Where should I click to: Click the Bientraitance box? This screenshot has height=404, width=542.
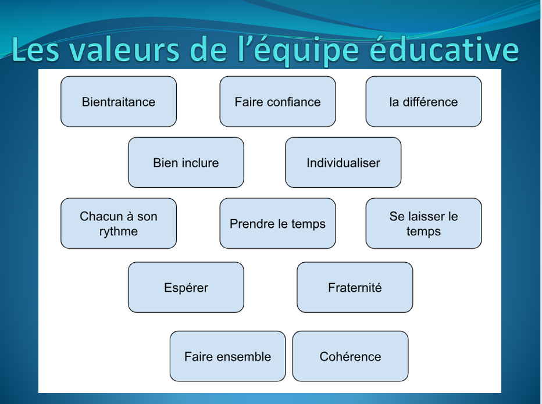point(119,102)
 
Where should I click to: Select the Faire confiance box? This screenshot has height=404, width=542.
point(277,102)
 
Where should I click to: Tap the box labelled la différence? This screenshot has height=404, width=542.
point(423,102)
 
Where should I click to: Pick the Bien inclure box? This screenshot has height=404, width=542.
point(186,162)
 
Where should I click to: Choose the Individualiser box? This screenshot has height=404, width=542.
point(343,162)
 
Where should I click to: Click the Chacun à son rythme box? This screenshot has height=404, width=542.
point(119,223)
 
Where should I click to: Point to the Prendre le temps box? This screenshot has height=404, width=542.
point(277,223)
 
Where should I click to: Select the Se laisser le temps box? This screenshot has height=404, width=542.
point(423,223)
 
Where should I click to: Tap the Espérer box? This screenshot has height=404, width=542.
point(186,287)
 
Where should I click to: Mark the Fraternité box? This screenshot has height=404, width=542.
point(355,287)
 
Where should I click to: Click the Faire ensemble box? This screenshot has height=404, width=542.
point(228,356)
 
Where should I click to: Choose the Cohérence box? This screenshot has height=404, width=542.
point(350,356)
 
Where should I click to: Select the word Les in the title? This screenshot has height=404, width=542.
point(35,49)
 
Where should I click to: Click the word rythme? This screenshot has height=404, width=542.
point(119,231)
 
